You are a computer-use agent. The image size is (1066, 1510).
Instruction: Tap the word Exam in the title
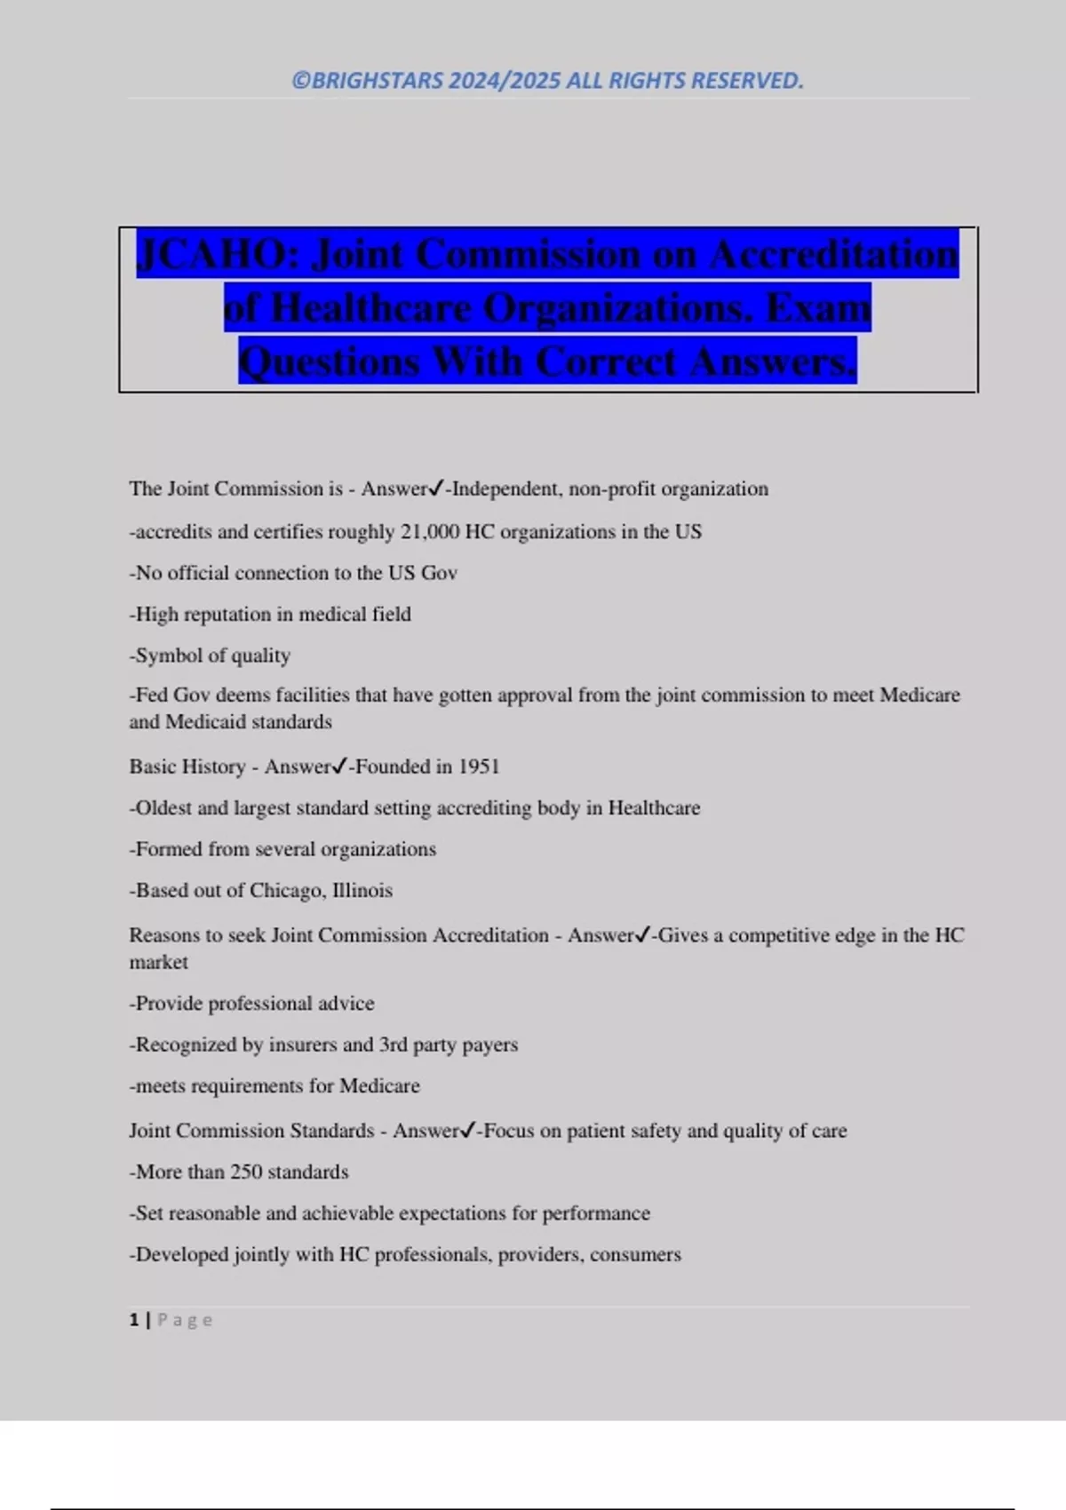tap(818, 309)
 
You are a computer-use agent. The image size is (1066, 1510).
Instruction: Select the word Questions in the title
tap(330, 362)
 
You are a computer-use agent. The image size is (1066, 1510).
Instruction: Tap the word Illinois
tap(362, 891)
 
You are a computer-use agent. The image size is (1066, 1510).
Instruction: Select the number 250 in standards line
tap(246, 1172)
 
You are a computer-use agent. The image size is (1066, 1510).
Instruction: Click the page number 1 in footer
tap(134, 1320)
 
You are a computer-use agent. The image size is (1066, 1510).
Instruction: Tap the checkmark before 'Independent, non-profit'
tap(436, 489)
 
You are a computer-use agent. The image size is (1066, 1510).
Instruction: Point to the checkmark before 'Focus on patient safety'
tap(468, 1131)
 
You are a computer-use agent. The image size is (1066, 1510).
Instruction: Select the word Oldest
tap(163, 808)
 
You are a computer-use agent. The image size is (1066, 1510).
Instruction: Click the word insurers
tap(305, 1045)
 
